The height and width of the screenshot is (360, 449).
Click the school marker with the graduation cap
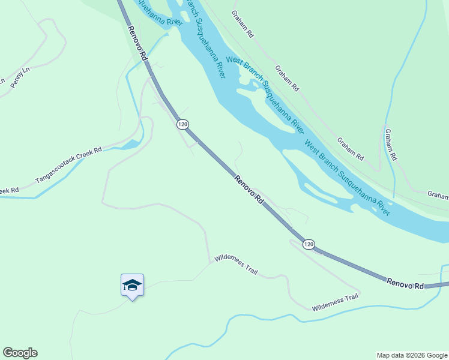click(x=132, y=285)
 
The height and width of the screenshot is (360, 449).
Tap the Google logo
click(x=20, y=353)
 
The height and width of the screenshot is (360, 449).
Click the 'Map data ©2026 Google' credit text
click(x=412, y=355)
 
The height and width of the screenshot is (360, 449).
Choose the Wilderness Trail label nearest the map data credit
click(x=335, y=302)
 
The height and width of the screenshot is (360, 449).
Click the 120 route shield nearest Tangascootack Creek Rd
click(x=183, y=124)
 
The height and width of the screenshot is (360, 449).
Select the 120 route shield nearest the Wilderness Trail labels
click(x=309, y=244)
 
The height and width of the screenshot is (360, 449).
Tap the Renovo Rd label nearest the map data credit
click(x=405, y=283)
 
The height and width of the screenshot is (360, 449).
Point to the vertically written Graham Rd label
click(x=391, y=144)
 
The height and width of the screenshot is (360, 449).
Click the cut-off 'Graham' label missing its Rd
click(x=438, y=195)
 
